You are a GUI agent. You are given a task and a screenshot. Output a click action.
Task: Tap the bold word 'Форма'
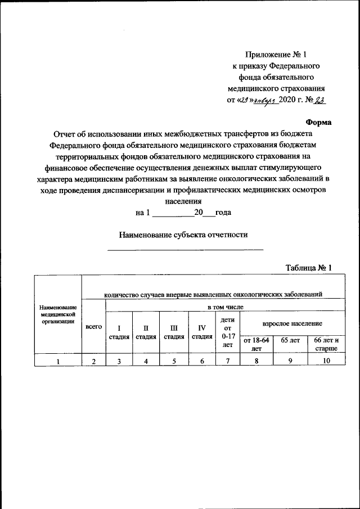point(318,121)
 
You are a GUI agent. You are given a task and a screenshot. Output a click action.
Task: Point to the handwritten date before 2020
point(259,101)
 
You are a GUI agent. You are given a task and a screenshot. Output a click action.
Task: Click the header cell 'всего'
point(93,327)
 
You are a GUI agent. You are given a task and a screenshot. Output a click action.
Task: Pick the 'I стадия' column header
point(119,332)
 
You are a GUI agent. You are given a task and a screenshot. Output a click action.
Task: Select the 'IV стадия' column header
point(201,332)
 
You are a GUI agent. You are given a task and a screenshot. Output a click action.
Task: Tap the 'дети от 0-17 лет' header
point(228,332)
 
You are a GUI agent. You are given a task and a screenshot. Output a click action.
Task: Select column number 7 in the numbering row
point(228,361)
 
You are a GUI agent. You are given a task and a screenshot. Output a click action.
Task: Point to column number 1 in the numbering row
point(58,361)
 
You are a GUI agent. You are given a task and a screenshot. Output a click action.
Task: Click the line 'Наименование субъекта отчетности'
point(184,235)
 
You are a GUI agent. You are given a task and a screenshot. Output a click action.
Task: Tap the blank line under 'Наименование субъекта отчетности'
point(185,249)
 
